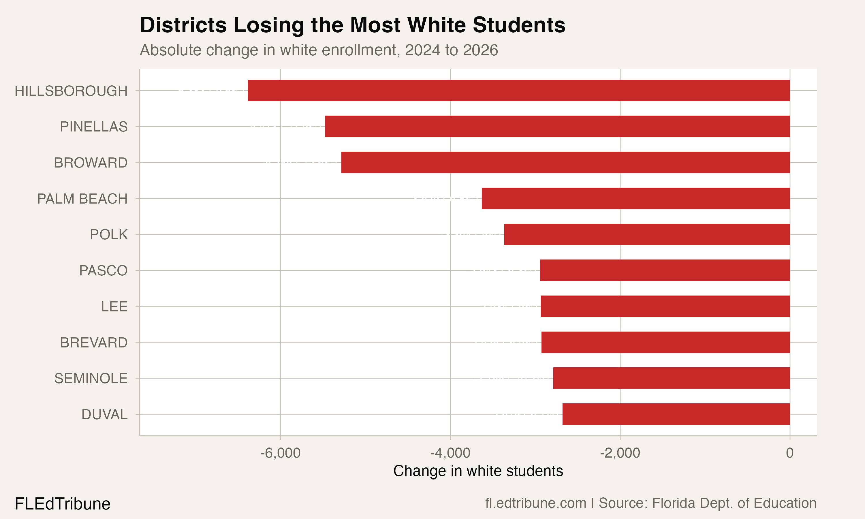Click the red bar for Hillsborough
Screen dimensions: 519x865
[519, 91]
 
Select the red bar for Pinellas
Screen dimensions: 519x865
[557, 126]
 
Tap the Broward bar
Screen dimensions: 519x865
[565, 162]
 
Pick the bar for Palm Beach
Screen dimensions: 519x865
[636, 198]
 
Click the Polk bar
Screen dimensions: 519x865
[647, 234]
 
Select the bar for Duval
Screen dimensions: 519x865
[676, 414]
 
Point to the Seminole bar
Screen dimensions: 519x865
[671, 378]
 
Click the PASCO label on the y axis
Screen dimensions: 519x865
[103, 271]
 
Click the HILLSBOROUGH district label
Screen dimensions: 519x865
[71, 91]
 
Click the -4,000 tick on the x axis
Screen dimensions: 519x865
[450, 453]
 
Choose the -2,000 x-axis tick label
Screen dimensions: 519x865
[620, 453]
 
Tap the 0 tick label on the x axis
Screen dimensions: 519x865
[789, 453]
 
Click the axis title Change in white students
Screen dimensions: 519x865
[478, 471]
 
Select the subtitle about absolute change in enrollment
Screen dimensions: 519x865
[319, 50]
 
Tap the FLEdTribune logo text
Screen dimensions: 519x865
[63, 504]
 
